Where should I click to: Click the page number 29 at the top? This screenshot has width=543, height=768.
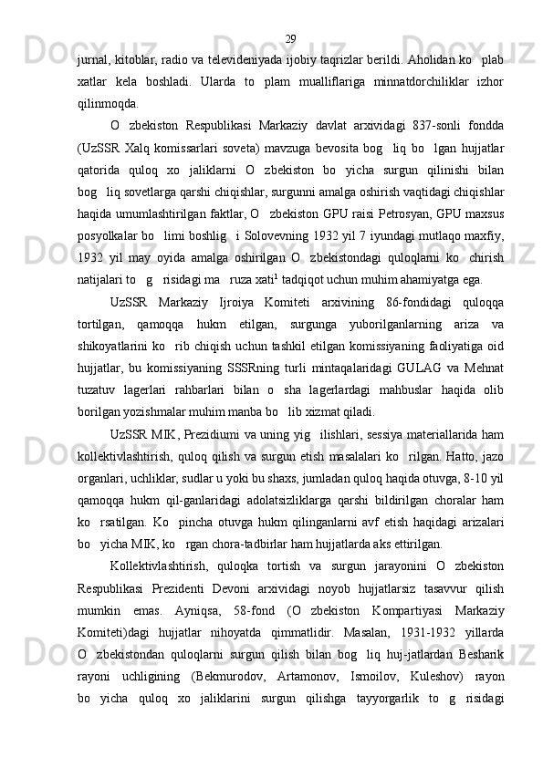pos(290,14)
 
